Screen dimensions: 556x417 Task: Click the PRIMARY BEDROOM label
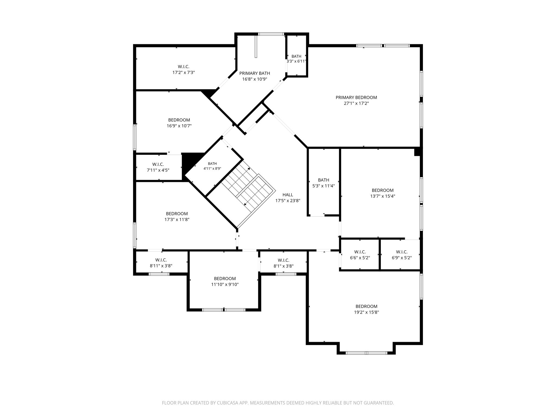(356, 97)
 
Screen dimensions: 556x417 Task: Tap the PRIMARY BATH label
(254, 73)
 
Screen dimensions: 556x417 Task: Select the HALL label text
(288, 195)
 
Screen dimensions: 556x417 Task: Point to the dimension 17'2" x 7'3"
(184, 72)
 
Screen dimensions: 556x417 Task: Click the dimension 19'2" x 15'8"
(366, 312)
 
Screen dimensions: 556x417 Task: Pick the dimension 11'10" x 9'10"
(225, 285)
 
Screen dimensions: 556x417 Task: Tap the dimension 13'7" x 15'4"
(383, 196)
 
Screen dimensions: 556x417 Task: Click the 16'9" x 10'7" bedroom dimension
(179, 126)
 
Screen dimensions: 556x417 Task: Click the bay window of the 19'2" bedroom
(366, 353)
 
